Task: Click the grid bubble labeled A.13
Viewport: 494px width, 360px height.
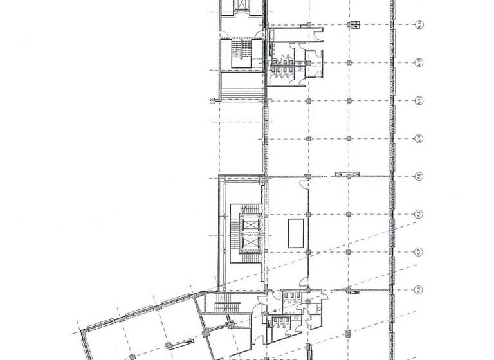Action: pos(418,26)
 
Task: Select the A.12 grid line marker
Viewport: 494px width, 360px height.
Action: pos(418,63)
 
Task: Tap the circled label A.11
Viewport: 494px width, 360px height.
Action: pos(418,100)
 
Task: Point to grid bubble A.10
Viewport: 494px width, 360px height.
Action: pos(418,138)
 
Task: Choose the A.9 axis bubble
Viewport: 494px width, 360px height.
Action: pos(418,176)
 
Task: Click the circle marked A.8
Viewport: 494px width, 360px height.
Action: pos(418,214)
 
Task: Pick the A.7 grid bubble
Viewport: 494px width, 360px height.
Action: pos(418,251)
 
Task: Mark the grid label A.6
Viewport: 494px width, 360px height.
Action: pos(418,290)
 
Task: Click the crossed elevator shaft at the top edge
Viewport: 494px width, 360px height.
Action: pos(242,6)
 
